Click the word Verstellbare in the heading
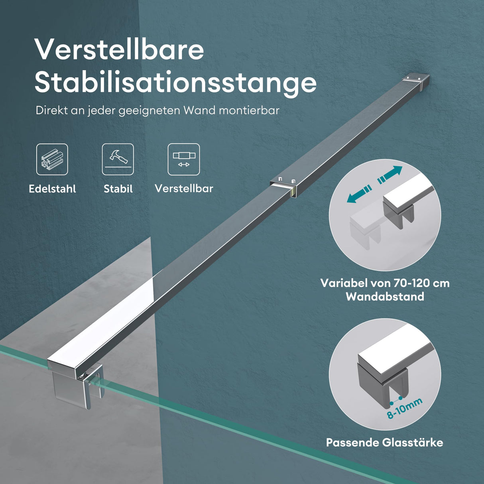(119, 50)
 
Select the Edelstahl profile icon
(52, 159)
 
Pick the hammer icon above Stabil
(118, 159)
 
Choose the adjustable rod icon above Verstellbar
(184, 159)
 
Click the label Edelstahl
(52, 189)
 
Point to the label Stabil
(118, 189)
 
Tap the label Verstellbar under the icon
(184, 188)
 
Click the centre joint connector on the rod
(283, 186)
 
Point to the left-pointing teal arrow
(359, 194)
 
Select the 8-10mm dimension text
(405, 408)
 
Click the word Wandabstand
(385, 297)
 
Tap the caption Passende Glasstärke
(385, 443)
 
